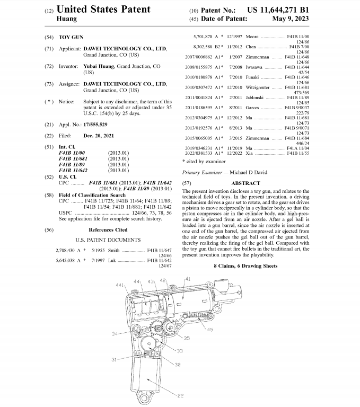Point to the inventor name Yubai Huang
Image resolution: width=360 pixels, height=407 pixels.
pos(99,67)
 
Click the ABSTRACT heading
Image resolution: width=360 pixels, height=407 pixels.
pos(245,182)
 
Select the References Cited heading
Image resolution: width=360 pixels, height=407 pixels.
pos(108,230)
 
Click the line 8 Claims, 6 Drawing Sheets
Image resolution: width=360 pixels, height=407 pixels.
pos(245,266)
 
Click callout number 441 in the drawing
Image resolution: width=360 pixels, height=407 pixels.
pos(120,285)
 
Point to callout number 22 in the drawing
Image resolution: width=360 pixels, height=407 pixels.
pos(181,395)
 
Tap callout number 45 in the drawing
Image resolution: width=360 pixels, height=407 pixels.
pos(210,330)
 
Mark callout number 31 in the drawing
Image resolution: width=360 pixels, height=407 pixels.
pos(114,359)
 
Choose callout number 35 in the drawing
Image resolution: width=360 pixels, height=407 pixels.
pos(187,338)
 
